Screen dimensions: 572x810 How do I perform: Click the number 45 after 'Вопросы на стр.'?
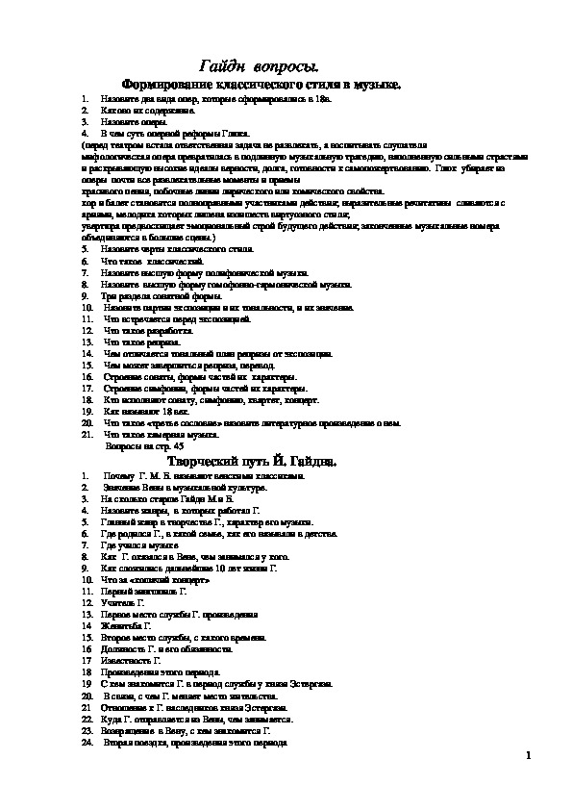click(x=151, y=447)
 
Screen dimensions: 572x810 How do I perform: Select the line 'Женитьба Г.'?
click(x=127, y=625)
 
